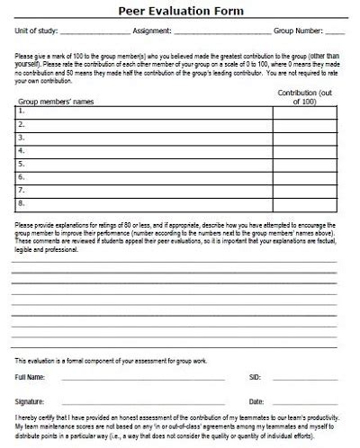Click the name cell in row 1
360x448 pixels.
153,112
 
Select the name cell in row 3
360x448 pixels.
153,139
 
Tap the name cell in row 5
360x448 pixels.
153,165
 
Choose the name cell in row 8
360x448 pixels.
153,203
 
